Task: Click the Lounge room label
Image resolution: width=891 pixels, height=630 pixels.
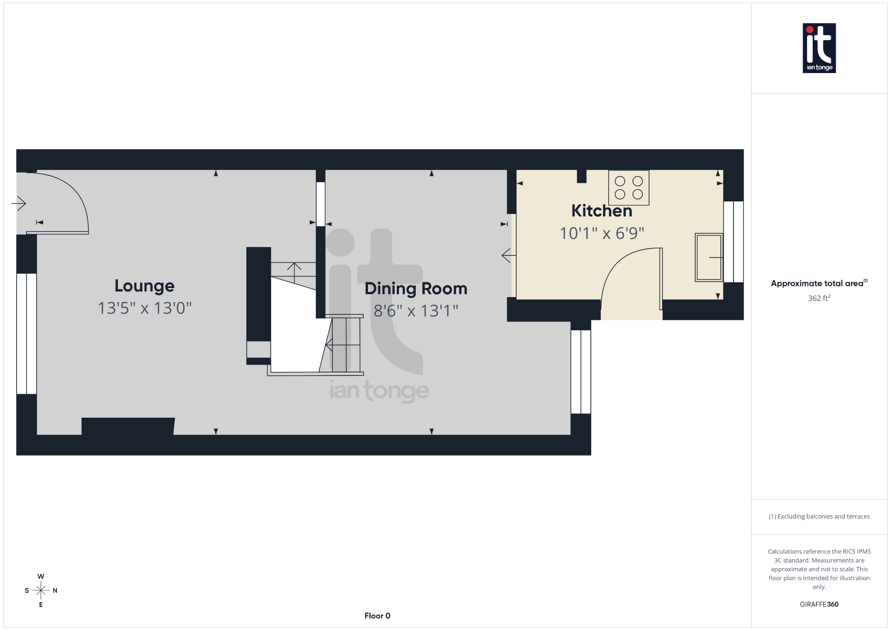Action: coord(144,286)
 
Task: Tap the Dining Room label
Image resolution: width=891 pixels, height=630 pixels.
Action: coord(416,288)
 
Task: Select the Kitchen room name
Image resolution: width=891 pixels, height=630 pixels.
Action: coord(601,211)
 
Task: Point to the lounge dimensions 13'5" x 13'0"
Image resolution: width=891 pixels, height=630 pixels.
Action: coord(144,308)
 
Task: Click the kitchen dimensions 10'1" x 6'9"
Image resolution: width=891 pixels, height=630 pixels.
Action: coord(601,233)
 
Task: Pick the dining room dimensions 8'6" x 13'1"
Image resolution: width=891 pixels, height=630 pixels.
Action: coord(416,311)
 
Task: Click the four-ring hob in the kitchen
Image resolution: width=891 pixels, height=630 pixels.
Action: coord(629,188)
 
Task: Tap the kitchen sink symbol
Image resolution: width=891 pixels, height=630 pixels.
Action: coord(709,257)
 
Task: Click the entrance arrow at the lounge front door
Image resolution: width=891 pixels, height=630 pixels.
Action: coord(19,203)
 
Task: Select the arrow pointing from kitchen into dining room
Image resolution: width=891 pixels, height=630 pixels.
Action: coord(508,255)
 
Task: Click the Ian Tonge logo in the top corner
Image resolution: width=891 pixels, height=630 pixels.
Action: coord(819,48)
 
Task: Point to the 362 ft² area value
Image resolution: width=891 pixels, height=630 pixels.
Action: coord(819,298)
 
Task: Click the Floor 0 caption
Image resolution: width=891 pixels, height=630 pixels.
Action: coord(377,616)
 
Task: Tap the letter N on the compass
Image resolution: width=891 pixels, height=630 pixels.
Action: coord(55,590)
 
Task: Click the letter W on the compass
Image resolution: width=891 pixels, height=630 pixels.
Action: coord(41,576)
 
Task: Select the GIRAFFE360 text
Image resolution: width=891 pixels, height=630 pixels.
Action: coord(819,604)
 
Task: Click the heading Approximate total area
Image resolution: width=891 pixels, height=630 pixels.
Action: coord(817,284)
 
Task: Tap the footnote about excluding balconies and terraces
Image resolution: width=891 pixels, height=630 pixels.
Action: coord(819,516)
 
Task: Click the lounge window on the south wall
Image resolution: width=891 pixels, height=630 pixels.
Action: coord(27,334)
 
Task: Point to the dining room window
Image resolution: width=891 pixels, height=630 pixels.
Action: coord(581,372)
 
